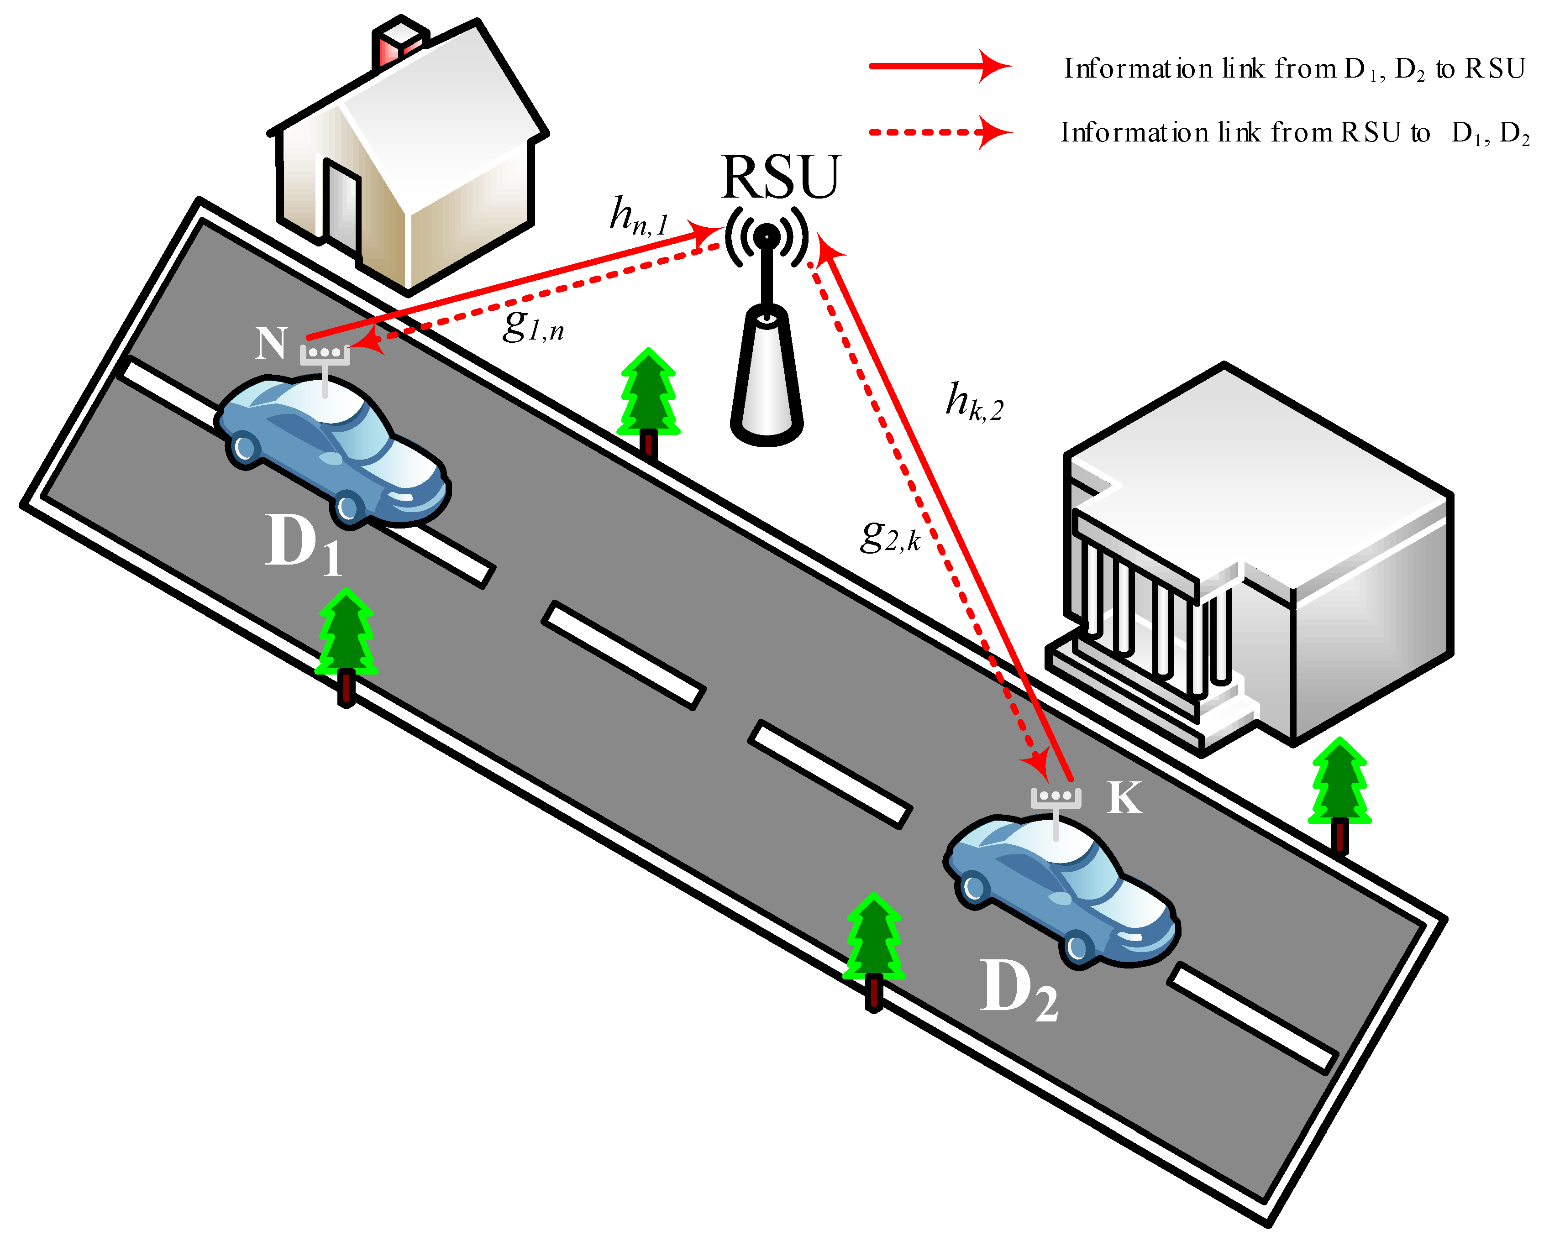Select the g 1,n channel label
pyautogui.click(x=532, y=325)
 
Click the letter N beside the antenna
pyautogui.click(x=271, y=343)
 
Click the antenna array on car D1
pyautogui.click(x=325, y=355)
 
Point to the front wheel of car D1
pyautogui.click(x=348, y=508)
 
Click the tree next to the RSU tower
pyautogui.click(x=648, y=400)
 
